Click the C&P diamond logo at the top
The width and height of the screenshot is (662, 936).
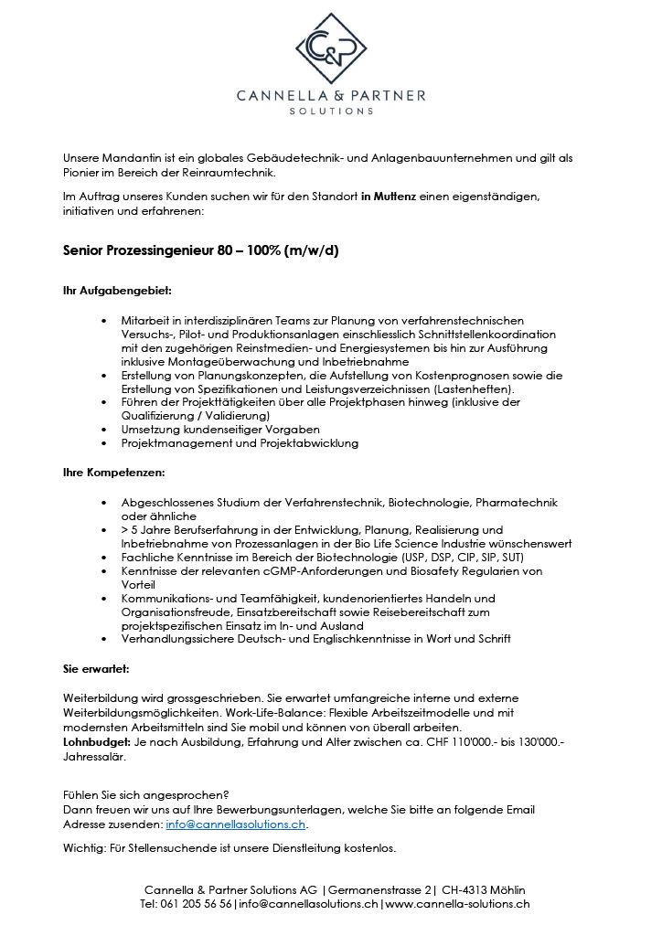tap(330, 48)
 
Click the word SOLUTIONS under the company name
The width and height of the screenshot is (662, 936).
tap(331, 112)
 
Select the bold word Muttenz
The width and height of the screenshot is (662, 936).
tap(396, 197)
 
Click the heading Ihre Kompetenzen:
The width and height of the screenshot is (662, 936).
tap(113, 473)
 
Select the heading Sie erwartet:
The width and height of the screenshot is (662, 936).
tap(96, 669)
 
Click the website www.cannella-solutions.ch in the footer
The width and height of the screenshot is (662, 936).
tap(457, 904)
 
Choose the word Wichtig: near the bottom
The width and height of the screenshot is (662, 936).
tap(84, 848)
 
